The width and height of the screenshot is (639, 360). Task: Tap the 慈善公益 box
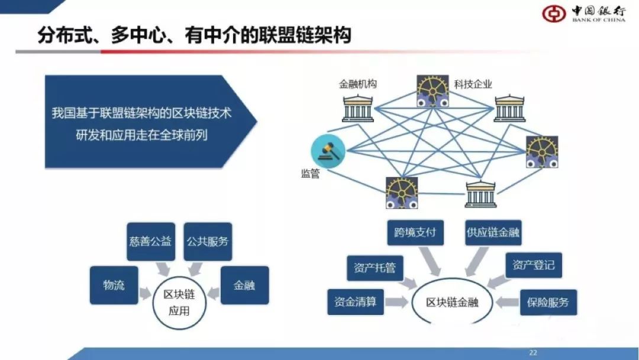point(151,242)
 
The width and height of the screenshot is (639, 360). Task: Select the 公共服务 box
point(207,242)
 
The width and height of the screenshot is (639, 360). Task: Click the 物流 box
point(114,285)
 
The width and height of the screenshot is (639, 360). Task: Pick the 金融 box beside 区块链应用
point(244,285)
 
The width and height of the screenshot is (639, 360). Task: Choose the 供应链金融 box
point(493,232)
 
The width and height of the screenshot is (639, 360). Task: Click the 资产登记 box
point(534,265)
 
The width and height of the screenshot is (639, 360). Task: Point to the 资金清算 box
point(356,301)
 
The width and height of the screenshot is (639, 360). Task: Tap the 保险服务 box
point(548,302)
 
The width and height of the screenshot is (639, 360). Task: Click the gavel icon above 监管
point(328,150)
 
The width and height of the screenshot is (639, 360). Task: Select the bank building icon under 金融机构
point(358,107)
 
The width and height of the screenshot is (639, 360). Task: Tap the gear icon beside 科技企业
point(433,91)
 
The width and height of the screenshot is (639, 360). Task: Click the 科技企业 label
point(473,84)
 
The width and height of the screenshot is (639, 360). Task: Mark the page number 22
point(532,353)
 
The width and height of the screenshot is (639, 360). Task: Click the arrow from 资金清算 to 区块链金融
point(397,302)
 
